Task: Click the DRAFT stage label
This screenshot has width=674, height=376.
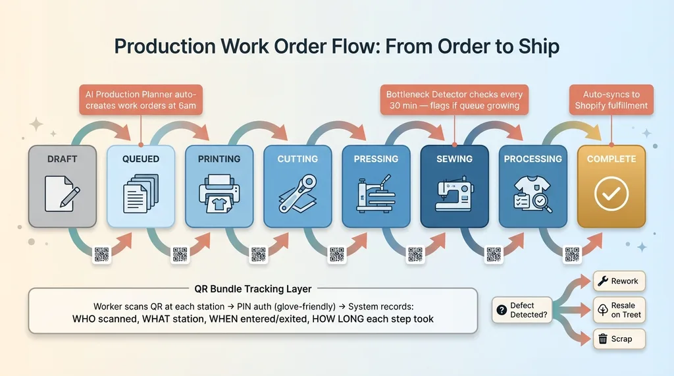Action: click(x=63, y=159)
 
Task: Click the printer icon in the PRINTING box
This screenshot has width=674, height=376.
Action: click(x=219, y=193)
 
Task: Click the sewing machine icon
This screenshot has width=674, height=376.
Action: click(x=454, y=192)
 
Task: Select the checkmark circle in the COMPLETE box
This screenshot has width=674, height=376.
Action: click(x=611, y=194)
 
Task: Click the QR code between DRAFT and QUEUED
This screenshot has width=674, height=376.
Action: click(x=102, y=255)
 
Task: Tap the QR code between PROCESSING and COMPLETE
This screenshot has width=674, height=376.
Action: click(x=572, y=255)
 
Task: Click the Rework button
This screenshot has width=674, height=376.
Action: click(x=619, y=281)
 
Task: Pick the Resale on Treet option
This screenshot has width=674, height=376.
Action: click(x=618, y=309)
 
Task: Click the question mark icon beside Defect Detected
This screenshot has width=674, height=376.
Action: click(x=502, y=309)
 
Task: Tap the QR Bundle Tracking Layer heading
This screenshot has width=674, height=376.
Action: click(x=253, y=288)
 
